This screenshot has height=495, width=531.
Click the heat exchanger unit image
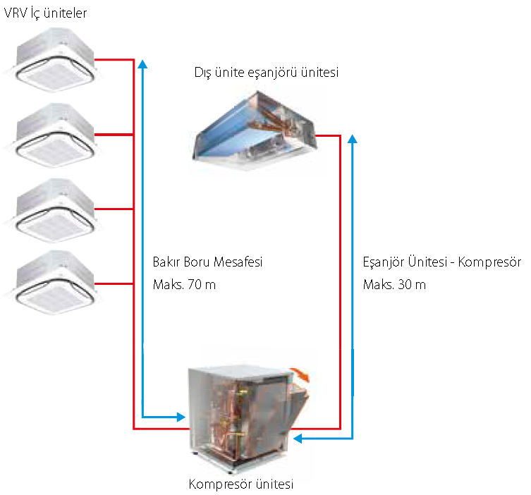pyautogui.click(x=255, y=130)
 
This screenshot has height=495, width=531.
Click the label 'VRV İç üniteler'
pyautogui.click(x=45, y=13)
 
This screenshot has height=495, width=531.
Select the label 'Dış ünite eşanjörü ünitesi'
pyautogui.click(x=266, y=72)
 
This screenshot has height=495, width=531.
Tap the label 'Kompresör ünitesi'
pyautogui.click(x=240, y=484)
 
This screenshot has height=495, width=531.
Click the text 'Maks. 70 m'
pyautogui.click(x=184, y=284)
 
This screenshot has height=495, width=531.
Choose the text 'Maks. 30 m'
pyautogui.click(x=394, y=284)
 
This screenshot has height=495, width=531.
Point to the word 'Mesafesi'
pyautogui.click(x=238, y=262)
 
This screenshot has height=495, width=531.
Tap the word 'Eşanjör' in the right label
pyautogui.click(x=384, y=262)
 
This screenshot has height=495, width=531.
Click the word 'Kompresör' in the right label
pyautogui.click(x=489, y=262)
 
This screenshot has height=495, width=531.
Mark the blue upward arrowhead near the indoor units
pyautogui.click(x=143, y=64)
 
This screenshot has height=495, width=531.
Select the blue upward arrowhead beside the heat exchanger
pyautogui.click(x=353, y=138)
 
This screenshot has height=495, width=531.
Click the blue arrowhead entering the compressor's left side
pyautogui.click(x=181, y=417)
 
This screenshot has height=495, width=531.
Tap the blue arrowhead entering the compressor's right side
pyautogui.click(x=298, y=439)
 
